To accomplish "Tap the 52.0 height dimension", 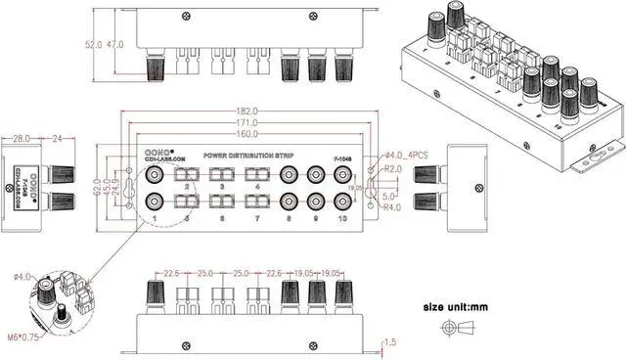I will click(94, 45).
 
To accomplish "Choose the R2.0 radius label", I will click(394, 169).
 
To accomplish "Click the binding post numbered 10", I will click(342, 202).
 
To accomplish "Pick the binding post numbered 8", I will click(289, 202).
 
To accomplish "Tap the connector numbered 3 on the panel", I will click(222, 176).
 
